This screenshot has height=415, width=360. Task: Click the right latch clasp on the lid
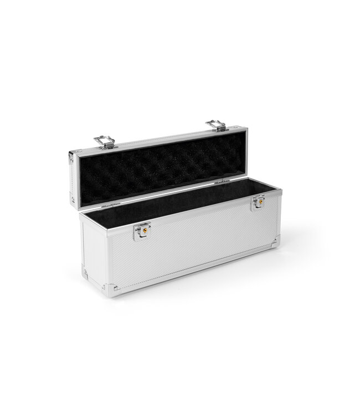215,126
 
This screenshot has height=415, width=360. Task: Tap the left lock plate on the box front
142,230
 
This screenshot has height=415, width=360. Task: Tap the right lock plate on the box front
258,203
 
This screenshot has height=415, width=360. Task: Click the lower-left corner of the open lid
73,199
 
